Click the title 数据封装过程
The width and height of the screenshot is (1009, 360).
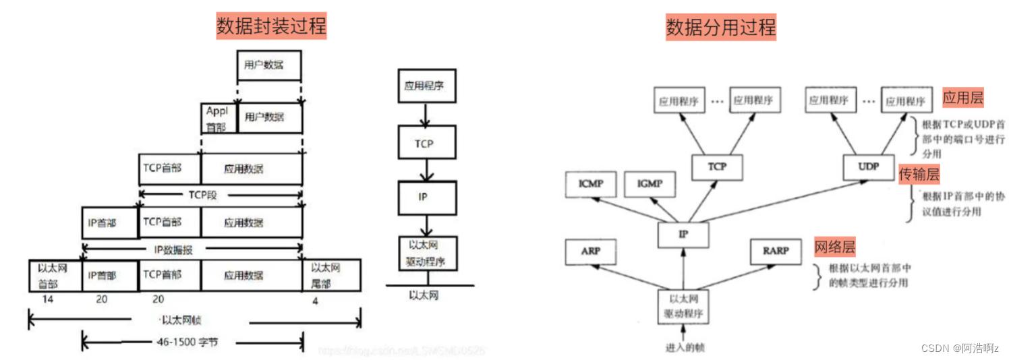(x=271, y=26)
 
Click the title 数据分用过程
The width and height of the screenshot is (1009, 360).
(x=720, y=26)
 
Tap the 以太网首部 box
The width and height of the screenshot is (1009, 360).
(x=55, y=275)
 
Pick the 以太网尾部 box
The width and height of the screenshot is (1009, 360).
(x=332, y=275)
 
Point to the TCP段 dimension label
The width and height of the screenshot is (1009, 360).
(x=201, y=194)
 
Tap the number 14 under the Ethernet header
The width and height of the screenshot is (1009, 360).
(x=47, y=299)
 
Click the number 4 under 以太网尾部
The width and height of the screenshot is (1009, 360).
(x=314, y=300)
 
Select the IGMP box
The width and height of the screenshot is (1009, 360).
(x=650, y=183)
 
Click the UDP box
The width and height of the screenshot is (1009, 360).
(x=869, y=166)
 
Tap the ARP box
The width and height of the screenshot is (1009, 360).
(x=590, y=251)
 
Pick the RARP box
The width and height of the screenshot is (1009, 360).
(x=775, y=251)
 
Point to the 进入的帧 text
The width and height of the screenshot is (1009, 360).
(x=685, y=347)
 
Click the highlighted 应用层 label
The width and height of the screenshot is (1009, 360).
(x=962, y=98)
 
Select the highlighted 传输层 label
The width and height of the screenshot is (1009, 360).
(x=919, y=175)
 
